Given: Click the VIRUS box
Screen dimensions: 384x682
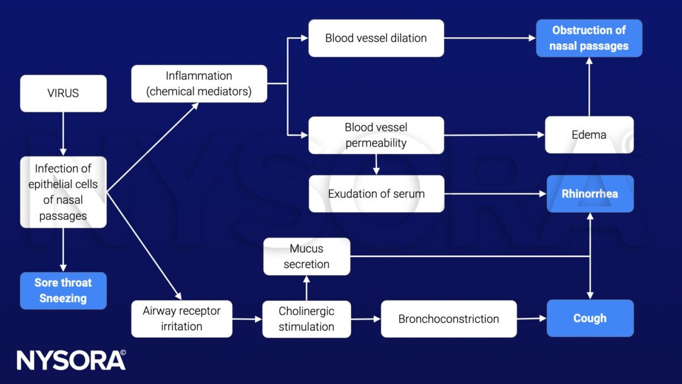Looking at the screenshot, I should (x=63, y=93).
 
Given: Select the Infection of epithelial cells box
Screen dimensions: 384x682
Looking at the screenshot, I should (x=63, y=192).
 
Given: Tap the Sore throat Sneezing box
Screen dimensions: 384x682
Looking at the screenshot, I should (x=63, y=291).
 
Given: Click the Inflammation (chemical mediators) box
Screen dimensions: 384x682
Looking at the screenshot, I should (x=199, y=83).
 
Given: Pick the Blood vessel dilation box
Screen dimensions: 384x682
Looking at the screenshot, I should (x=376, y=38).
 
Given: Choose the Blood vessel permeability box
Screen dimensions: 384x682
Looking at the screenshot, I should (x=376, y=135).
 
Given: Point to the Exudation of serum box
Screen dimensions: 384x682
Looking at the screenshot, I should (x=376, y=194).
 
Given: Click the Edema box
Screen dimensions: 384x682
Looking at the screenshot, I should (x=589, y=135).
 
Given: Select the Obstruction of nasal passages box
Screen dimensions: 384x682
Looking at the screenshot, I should (x=589, y=38).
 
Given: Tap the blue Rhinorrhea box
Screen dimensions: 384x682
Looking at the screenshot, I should (x=589, y=194).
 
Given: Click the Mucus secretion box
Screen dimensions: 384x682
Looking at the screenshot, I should (x=306, y=256).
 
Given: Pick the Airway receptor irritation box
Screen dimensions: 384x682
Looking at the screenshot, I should (x=181, y=319).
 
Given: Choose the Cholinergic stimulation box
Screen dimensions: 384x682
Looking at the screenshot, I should (x=306, y=319).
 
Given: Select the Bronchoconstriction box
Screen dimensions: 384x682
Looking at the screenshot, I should (x=448, y=319).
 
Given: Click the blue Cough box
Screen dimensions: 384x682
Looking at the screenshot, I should (x=589, y=318).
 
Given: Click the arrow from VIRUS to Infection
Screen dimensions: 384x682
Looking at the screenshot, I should (x=63, y=134).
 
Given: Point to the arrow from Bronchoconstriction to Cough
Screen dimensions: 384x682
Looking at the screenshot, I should (x=531, y=319).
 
